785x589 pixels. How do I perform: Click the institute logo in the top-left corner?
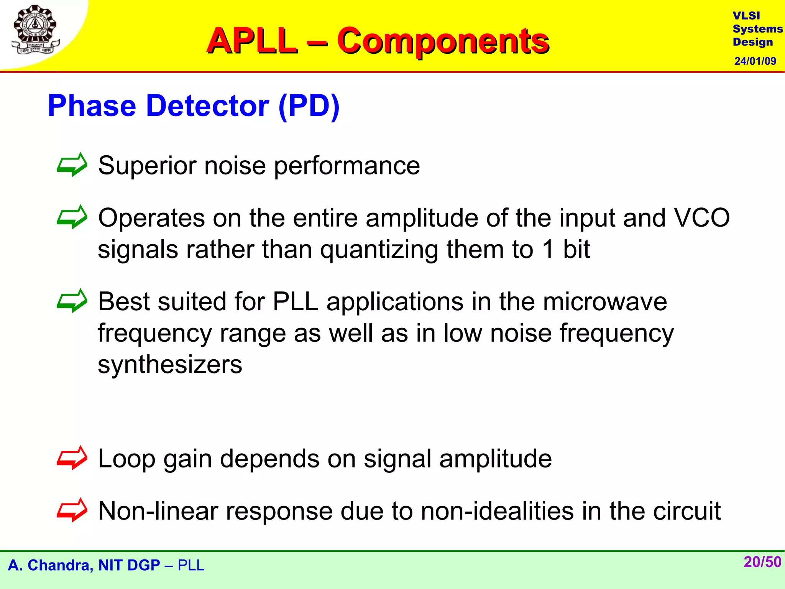35,30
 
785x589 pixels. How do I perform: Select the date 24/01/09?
755,61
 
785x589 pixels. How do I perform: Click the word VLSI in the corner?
746,16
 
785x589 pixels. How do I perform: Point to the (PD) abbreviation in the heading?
309,106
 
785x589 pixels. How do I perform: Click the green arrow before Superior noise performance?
72,165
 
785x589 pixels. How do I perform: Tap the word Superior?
146,166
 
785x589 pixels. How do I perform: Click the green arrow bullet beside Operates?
72,217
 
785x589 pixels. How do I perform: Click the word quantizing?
379,250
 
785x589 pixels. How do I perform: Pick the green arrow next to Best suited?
72,301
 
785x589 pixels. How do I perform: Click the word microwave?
604,301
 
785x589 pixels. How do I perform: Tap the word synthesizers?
170,364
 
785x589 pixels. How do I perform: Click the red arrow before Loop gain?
72,457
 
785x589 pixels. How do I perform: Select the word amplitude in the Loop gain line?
495,459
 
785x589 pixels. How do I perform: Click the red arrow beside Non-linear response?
72,510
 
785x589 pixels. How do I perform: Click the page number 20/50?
762,562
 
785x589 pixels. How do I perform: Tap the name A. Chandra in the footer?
50,565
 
